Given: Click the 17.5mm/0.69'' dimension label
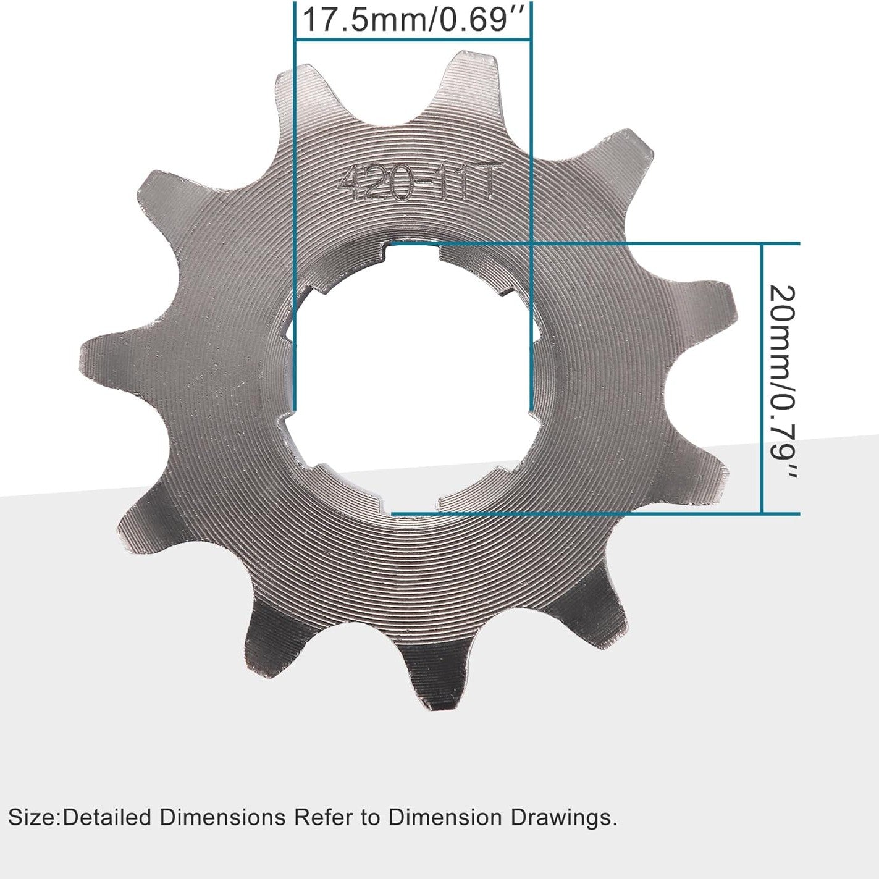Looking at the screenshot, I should click(413, 20).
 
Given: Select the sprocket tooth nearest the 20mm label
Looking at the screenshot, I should click(710, 303).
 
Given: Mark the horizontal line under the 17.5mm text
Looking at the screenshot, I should click(413, 40).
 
